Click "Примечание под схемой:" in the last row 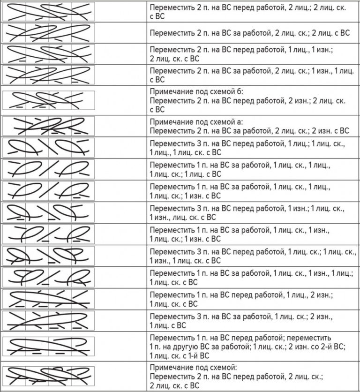(185, 367)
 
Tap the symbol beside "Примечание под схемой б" (48, 100)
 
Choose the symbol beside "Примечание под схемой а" (48, 125)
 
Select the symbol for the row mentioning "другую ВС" (48, 347)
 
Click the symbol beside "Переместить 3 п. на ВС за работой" (48, 320)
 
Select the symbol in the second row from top (48, 33)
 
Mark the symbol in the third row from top (48, 54)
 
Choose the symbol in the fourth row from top (48, 75)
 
